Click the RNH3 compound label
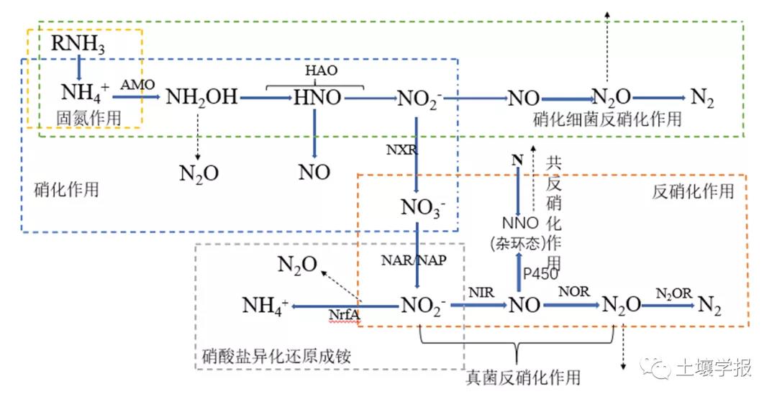click(78, 45)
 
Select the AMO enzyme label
click(137, 85)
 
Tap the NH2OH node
click(201, 97)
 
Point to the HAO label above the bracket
click(321, 70)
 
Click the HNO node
click(317, 98)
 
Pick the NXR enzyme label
click(402, 150)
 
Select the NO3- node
click(423, 208)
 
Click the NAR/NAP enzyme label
click(414, 260)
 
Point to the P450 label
click(540, 274)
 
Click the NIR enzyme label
click(481, 293)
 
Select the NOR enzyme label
click(574, 291)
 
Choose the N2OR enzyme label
click(673, 293)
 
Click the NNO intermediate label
click(520, 223)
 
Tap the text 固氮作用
click(88, 119)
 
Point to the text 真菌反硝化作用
click(523, 378)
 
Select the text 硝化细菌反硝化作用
click(607, 119)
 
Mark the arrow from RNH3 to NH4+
click(78, 68)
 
